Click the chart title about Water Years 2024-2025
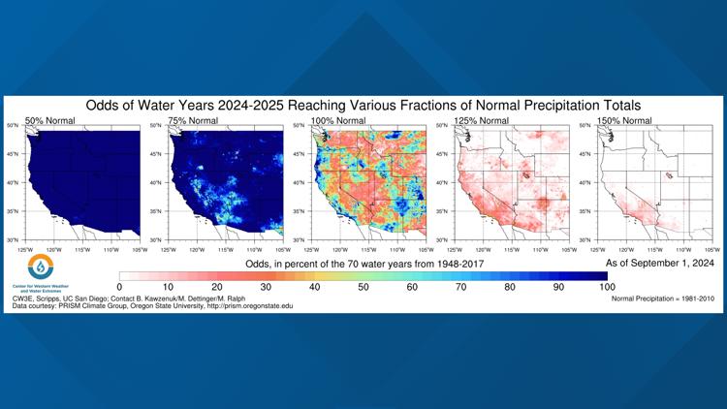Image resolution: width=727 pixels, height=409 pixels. pos(363,104)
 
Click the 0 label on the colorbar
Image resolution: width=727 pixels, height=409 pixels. pos(119,288)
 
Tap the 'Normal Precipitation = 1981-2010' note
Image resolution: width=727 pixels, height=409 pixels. pos(663,299)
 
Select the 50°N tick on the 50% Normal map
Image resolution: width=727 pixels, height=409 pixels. pos(14,126)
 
